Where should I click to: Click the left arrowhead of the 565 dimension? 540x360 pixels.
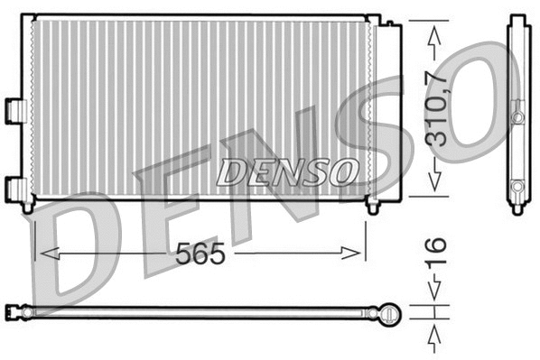[x=42, y=254]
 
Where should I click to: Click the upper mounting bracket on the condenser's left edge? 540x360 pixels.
[x=13, y=107]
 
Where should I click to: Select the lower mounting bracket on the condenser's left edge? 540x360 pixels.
[x=14, y=187]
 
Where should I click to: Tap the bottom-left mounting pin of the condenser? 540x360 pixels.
[x=28, y=207]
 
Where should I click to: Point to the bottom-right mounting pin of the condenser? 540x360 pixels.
[x=373, y=207]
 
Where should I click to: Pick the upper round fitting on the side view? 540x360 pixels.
[x=518, y=117]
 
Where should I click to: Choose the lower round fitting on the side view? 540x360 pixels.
[x=518, y=186]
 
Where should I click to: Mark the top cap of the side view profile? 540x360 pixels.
[x=517, y=19]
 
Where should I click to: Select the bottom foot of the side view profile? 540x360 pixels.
[x=517, y=208]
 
